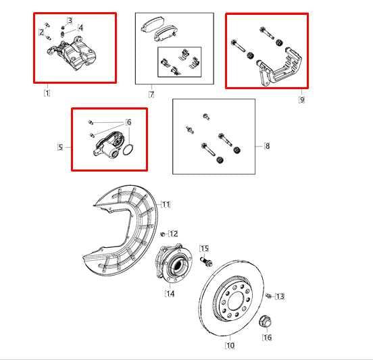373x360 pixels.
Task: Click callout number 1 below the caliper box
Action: tap(47, 93)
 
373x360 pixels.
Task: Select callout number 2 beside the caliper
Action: tap(42, 32)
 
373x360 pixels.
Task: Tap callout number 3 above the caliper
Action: tap(69, 21)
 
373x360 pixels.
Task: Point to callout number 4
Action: tap(80, 28)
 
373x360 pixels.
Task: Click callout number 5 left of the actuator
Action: tap(60, 147)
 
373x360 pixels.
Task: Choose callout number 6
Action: tap(128, 122)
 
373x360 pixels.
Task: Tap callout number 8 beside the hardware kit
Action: tap(268, 145)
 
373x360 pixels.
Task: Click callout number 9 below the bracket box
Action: tap(301, 99)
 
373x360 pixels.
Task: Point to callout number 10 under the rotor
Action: tap(230, 346)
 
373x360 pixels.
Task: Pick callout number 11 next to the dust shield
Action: tap(166, 204)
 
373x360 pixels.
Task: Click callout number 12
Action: tap(174, 234)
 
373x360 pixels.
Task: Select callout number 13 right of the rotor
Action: tap(280, 296)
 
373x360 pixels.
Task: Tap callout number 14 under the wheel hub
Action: tap(170, 294)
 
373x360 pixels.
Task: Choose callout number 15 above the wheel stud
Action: tap(204, 249)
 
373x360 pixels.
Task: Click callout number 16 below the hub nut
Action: tap(267, 337)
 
